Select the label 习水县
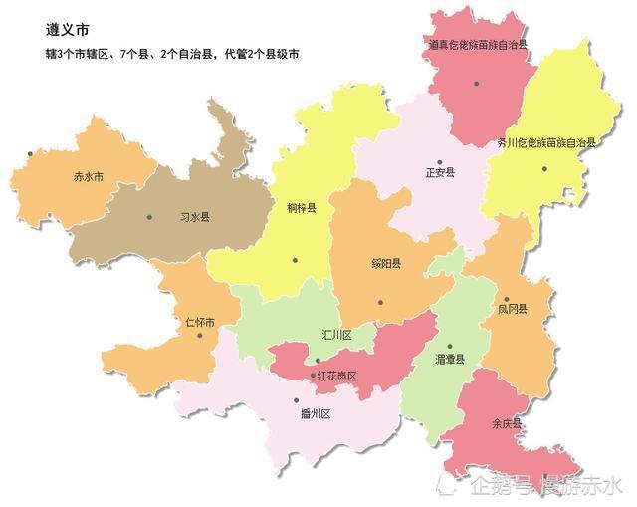tap(194, 216)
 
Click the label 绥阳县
tap(386, 264)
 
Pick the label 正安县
tap(439, 172)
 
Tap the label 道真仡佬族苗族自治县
tap(478, 45)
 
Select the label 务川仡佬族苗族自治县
tap(546, 143)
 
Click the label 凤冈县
tap(512, 309)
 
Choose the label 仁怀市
tap(200, 323)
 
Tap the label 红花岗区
tap(336, 376)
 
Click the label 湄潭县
tap(450, 359)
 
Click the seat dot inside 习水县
tap(149, 217)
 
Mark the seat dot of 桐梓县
tap(295, 260)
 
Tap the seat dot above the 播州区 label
tap(296, 400)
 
